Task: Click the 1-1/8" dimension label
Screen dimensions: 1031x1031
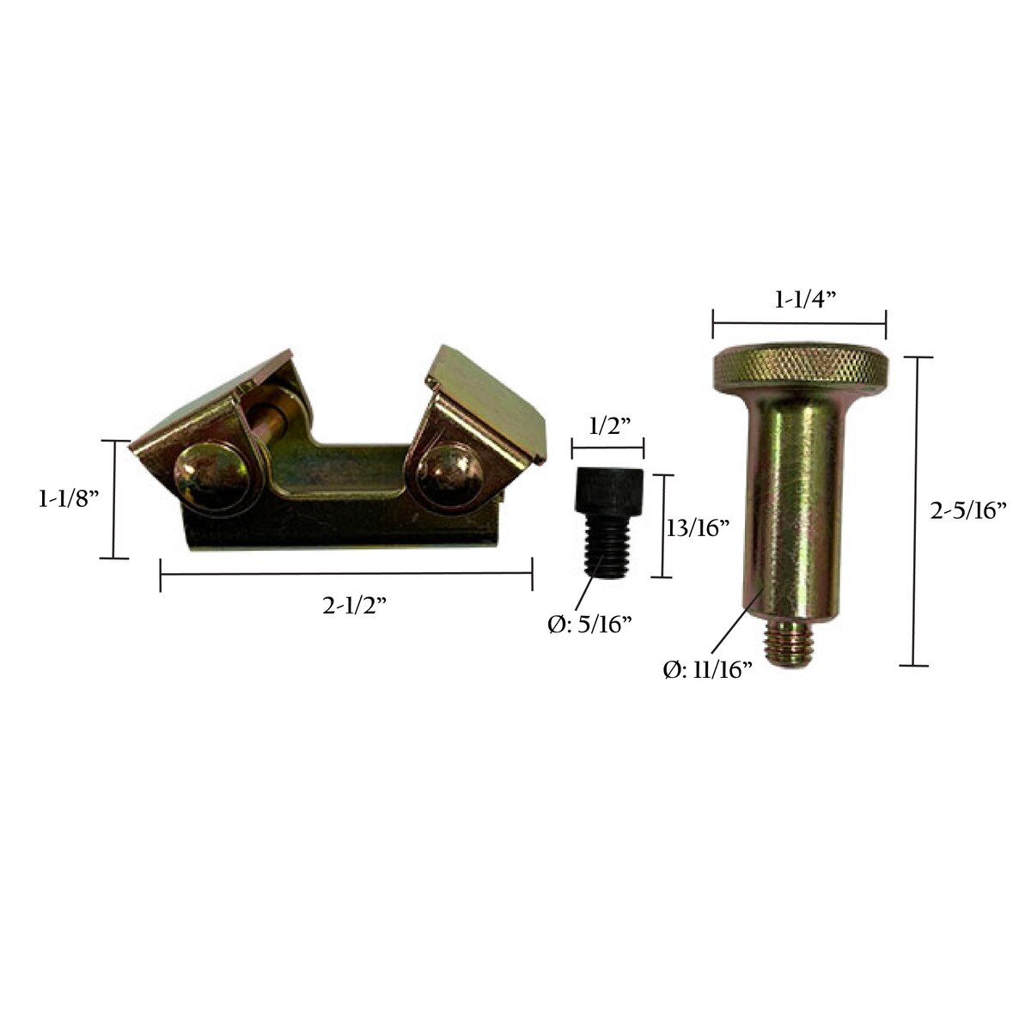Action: (69, 500)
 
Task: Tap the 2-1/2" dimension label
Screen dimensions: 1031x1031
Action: (354, 606)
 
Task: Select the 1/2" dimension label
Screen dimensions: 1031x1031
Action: (607, 428)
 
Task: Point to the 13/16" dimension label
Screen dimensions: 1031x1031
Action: (698, 529)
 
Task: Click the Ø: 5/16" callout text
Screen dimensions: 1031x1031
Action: (590, 625)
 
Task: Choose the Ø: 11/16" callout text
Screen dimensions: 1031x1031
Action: (708, 670)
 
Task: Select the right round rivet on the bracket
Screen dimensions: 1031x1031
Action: (449, 475)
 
